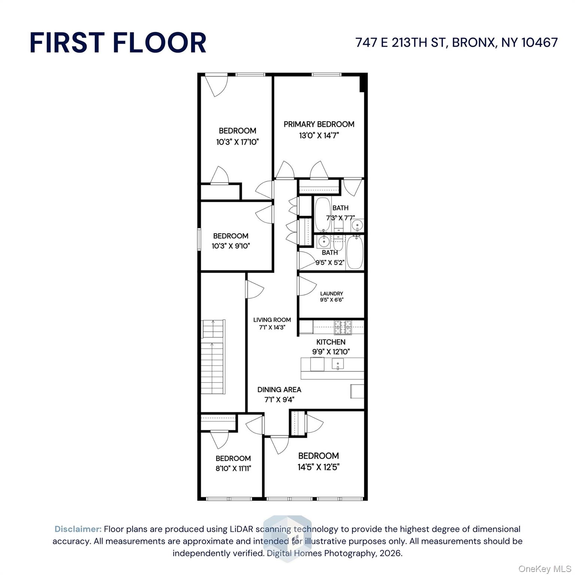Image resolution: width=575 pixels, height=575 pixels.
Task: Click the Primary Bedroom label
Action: coord(319,124)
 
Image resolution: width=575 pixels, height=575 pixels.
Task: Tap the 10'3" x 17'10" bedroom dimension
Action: coord(237,142)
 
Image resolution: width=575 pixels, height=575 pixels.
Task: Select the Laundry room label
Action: coord(331,293)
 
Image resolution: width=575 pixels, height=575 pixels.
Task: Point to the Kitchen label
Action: coord(331,342)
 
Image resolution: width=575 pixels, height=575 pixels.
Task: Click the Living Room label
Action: coord(272,320)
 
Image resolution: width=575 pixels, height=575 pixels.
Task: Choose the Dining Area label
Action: coord(279,389)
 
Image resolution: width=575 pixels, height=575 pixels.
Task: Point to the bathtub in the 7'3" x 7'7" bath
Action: coord(322,214)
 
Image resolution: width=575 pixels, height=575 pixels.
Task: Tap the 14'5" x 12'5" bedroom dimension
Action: coord(318,467)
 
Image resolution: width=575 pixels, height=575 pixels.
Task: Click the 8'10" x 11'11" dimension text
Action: coord(233,468)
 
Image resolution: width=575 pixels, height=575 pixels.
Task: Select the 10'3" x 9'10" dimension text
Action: coord(231,246)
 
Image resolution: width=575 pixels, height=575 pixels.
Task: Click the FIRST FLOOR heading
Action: coord(118,42)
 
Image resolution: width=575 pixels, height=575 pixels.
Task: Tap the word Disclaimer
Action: coord(78,529)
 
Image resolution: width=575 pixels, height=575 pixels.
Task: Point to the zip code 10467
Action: coord(539,42)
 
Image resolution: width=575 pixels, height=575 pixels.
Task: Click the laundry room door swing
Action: coord(305,286)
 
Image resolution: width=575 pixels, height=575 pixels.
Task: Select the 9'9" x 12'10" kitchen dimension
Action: coord(331,352)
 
